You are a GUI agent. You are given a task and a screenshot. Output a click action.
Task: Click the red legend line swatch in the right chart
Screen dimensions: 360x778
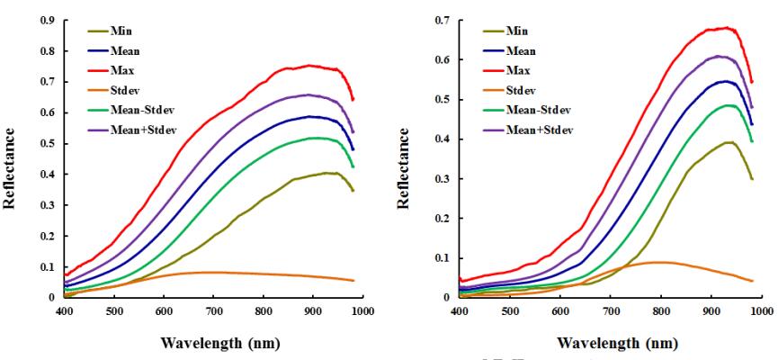pyautogui.click(x=493, y=70)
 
